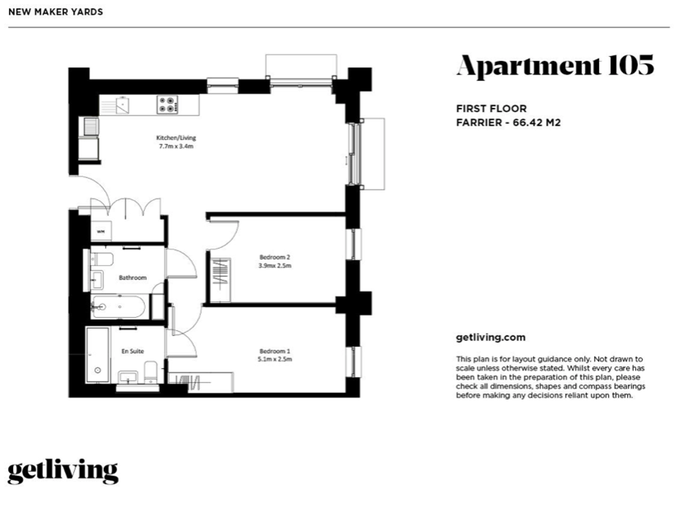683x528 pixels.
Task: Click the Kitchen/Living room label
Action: click(176, 138)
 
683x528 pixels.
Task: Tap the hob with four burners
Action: click(167, 105)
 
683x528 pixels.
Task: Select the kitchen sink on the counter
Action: click(122, 105)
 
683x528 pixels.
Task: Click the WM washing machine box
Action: click(100, 232)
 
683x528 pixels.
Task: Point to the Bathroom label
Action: click(133, 277)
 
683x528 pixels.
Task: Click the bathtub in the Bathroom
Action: click(118, 307)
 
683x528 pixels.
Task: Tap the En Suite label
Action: click(133, 351)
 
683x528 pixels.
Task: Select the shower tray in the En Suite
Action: click(98, 355)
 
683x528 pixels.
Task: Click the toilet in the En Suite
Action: click(150, 372)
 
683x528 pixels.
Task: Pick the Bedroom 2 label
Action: click(275, 257)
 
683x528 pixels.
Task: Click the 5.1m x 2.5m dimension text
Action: click(275, 359)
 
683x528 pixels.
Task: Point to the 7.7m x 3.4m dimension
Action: click(176, 146)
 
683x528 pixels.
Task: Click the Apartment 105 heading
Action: click(555, 67)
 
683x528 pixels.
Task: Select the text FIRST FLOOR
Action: click(491, 109)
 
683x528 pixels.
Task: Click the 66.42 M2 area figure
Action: click(537, 122)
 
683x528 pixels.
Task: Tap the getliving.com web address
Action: click(490, 337)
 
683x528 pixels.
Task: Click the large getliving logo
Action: click(63, 471)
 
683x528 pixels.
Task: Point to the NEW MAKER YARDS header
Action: click(56, 12)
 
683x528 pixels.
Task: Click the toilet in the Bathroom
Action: click(102, 259)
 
